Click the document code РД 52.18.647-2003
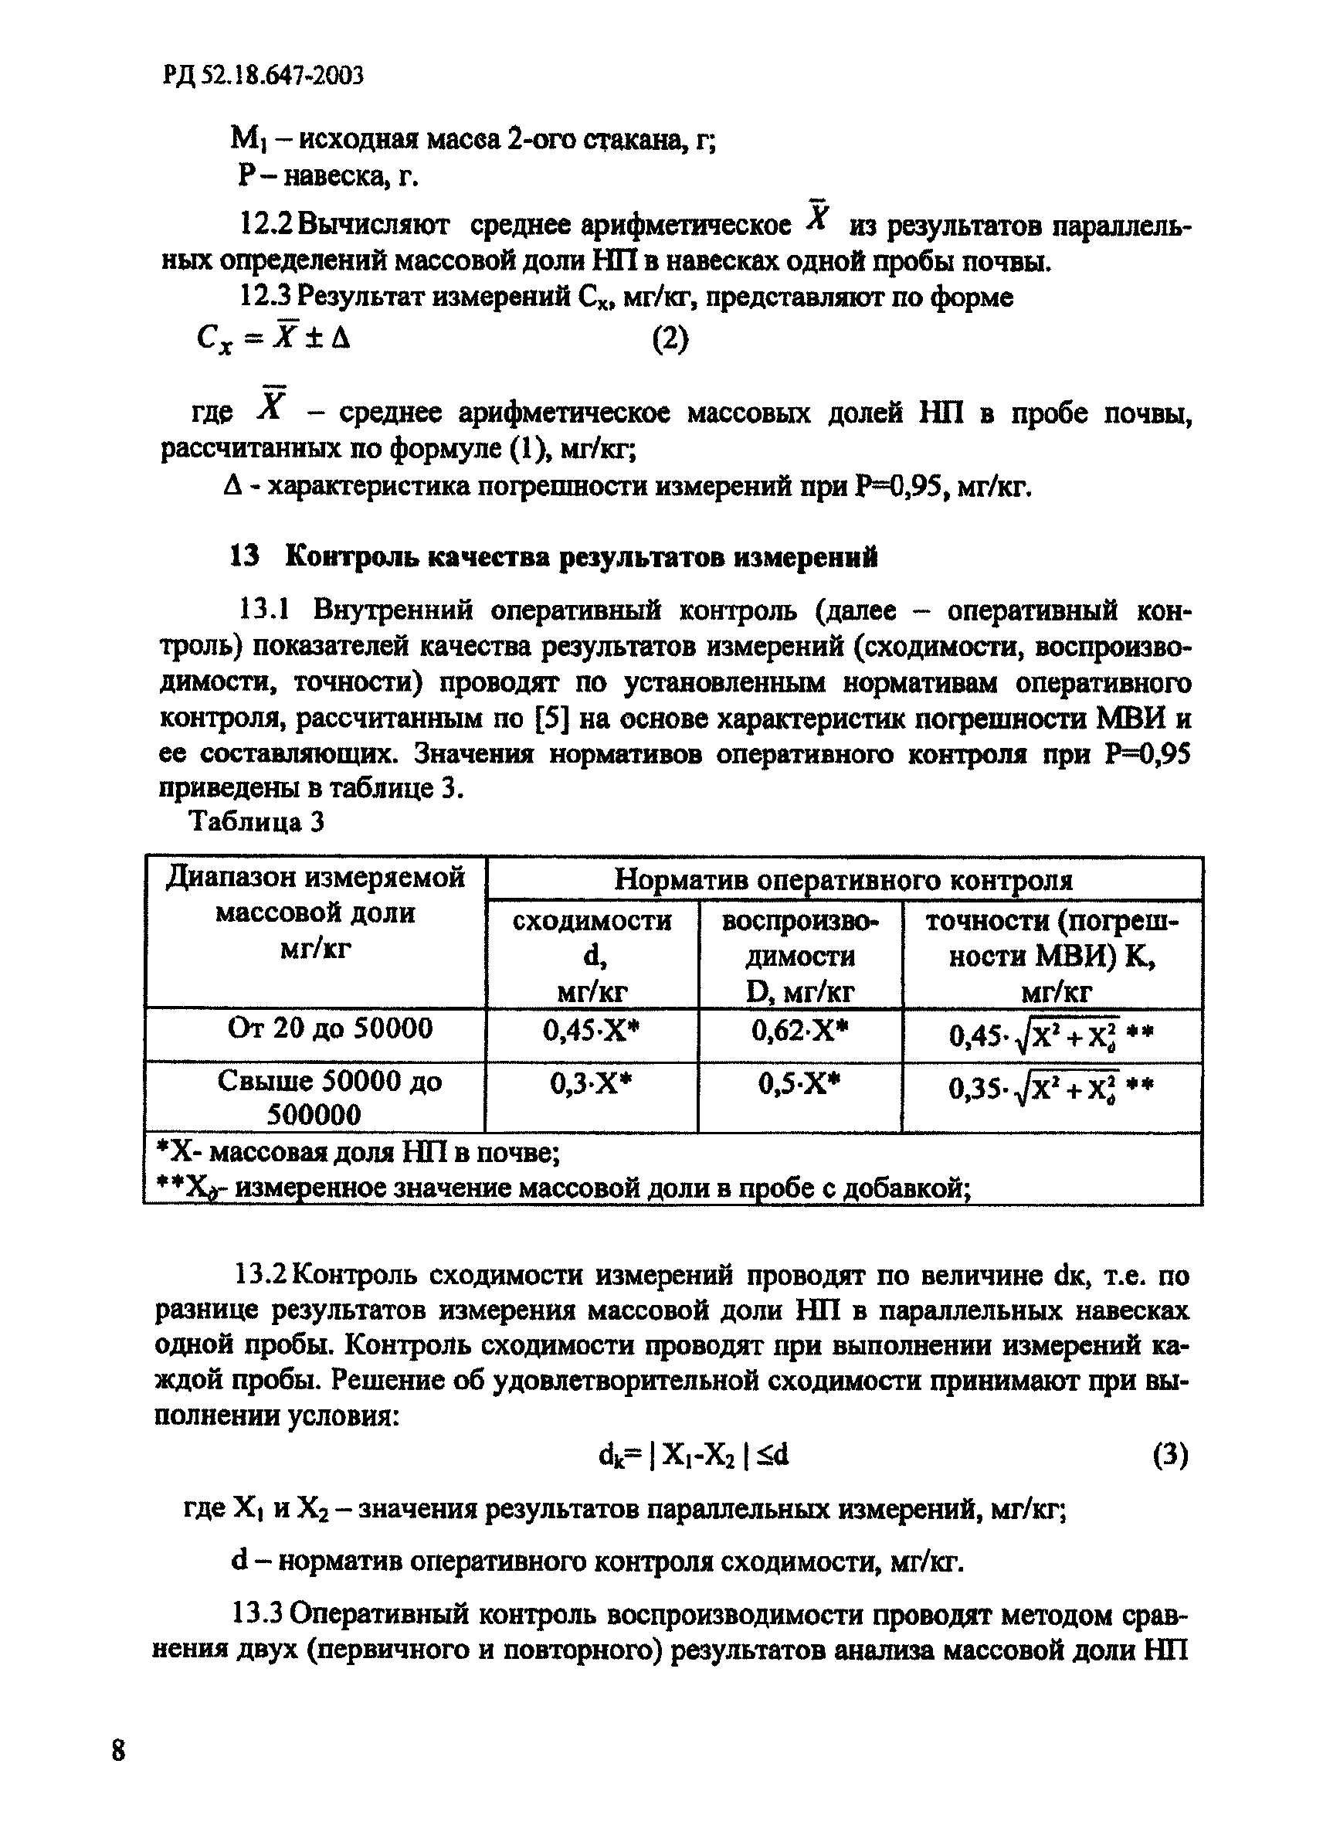(263, 76)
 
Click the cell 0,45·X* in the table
(591, 1031)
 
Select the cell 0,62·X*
(799, 1031)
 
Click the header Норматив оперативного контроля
(843, 879)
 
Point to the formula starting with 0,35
(1051, 1089)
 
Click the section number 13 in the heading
(245, 557)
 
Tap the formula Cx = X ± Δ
(273, 338)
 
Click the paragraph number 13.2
(260, 1276)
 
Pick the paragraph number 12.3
(266, 297)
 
